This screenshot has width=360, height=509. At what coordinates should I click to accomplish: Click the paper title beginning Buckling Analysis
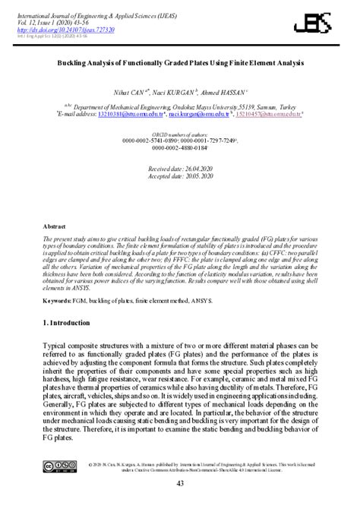point(179,65)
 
